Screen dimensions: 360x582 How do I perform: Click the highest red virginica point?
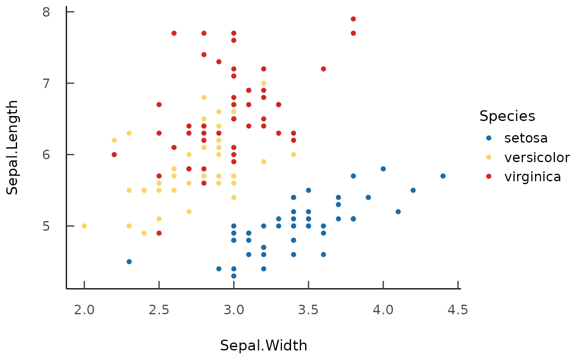[x=353, y=19]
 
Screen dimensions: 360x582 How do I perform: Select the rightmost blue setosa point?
[x=443, y=176]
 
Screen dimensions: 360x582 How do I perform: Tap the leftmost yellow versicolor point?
[x=84, y=226]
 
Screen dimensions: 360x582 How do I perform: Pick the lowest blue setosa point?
[x=234, y=276]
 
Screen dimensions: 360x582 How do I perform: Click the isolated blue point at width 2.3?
[x=129, y=261]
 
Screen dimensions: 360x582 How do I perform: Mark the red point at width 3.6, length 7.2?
[x=323, y=69]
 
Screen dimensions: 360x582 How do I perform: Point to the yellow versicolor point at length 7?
[x=264, y=83]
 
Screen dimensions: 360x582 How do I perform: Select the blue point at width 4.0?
[x=383, y=169]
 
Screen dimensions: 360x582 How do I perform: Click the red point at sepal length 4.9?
[x=159, y=233]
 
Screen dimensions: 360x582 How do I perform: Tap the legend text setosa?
[x=526, y=138]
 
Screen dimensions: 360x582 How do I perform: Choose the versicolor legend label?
[x=537, y=157]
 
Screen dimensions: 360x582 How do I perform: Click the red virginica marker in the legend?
[x=488, y=176]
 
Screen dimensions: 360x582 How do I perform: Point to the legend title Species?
[x=507, y=116]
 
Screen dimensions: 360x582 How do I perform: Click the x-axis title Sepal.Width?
[x=264, y=345]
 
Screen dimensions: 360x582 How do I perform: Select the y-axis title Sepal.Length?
[x=13, y=147]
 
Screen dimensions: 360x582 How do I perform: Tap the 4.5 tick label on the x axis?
[x=458, y=310]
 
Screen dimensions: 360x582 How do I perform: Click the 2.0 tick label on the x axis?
[x=84, y=310]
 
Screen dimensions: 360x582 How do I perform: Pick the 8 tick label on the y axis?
[x=46, y=12]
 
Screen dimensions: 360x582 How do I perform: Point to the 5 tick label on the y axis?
[x=46, y=226]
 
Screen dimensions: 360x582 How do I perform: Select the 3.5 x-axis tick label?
[x=308, y=310]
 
